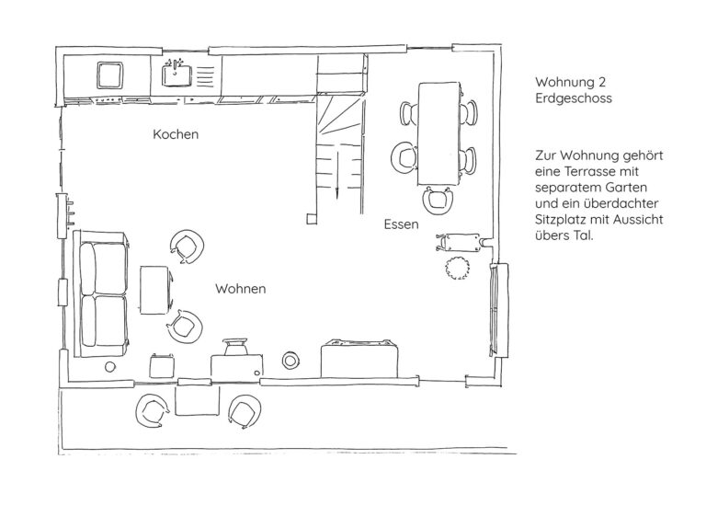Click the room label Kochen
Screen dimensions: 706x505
176,134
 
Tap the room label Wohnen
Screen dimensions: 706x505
241,289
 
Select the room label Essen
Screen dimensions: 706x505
401,224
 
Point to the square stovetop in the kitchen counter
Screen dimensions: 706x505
110,75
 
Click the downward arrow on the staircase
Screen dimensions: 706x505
336,175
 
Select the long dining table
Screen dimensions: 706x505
439,133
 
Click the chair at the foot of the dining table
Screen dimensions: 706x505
438,199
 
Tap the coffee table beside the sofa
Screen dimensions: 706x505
154,290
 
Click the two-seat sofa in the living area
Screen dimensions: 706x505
102,293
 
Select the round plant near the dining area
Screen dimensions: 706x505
458,268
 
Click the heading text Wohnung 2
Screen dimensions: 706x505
571,82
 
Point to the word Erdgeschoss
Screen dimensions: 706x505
574,98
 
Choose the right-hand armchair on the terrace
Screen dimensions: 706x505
245,411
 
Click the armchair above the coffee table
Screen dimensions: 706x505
187,247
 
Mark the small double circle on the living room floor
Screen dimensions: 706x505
290,360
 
